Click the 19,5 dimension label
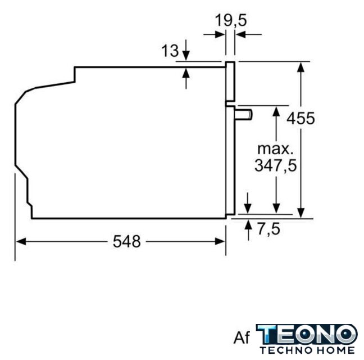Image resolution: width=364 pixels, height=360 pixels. [x=230, y=20]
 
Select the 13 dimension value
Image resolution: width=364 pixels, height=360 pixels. [x=170, y=51]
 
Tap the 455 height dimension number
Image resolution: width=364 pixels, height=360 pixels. [x=301, y=118]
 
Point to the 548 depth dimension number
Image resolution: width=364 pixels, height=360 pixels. [x=127, y=241]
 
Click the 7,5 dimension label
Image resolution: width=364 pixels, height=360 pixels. [x=269, y=229]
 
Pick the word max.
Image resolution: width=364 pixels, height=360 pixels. [x=275, y=149]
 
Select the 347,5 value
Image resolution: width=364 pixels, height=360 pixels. [x=276, y=165]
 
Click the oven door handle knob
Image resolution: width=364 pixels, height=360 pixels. [x=244, y=114]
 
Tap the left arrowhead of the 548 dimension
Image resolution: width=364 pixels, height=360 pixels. [x=21, y=241]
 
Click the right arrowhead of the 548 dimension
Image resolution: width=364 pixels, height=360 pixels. [x=220, y=241]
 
